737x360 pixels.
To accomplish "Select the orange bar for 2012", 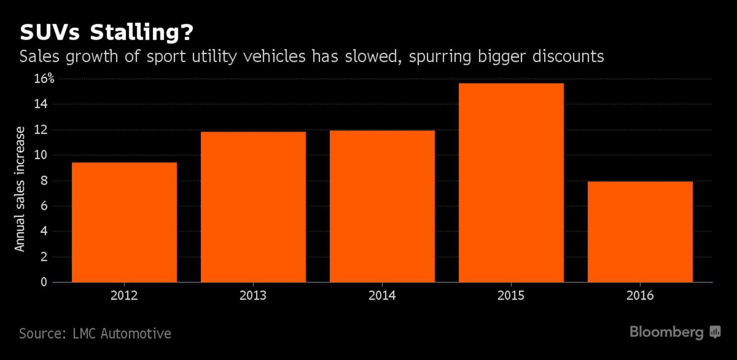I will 124,222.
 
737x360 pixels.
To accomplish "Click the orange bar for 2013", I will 253,207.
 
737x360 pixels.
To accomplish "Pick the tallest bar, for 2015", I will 511,183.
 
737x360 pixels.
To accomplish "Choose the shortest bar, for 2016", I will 640,232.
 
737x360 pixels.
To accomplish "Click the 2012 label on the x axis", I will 124,295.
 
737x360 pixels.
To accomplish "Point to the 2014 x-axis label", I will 382,295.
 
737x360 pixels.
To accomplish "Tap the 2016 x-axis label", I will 640,295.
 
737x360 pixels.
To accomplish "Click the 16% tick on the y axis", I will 44,79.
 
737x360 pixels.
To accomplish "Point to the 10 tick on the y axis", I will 41,155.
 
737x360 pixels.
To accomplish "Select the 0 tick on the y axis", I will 44,282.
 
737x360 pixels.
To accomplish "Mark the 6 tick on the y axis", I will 44,206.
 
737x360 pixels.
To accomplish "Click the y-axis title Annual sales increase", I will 20,189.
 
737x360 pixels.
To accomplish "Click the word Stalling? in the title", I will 142,32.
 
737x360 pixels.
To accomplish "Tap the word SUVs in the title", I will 50,32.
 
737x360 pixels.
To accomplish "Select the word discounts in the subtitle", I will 568,56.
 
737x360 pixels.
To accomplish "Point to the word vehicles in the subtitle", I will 274,56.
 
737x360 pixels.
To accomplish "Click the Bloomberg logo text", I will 666,332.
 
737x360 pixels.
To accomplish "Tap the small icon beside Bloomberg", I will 715,332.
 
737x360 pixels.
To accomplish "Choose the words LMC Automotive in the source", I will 122,334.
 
